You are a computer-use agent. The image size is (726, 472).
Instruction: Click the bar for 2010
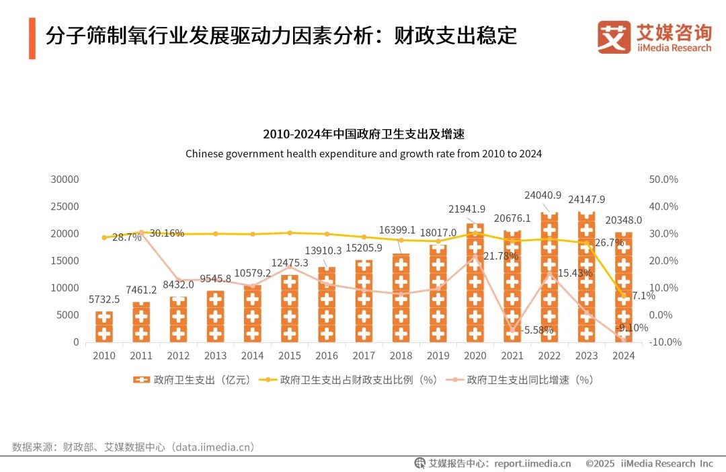(104, 327)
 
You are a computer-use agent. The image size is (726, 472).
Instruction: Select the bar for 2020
(475, 282)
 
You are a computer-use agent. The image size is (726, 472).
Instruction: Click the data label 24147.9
(588, 199)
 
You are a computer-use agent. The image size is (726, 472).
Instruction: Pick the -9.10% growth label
(631, 328)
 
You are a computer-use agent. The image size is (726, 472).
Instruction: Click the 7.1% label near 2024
(643, 295)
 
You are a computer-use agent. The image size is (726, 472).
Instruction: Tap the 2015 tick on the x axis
(290, 356)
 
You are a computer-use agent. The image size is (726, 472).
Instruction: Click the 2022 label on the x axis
(549, 356)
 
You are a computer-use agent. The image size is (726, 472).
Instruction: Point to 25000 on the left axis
(66, 206)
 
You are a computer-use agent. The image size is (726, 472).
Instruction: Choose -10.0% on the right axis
(663, 342)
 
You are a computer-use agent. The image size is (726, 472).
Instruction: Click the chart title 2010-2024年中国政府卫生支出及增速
(363, 134)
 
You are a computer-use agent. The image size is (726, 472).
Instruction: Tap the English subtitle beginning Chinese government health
(363, 153)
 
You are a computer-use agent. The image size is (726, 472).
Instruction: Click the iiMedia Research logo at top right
(654, 37)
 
